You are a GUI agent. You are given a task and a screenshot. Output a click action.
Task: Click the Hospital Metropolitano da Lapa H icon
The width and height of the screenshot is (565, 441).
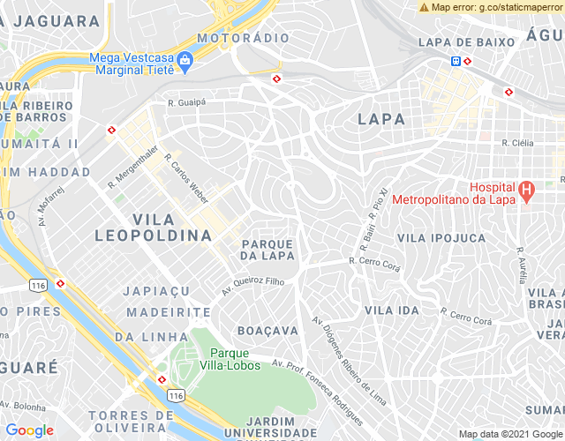(x=527, y=189)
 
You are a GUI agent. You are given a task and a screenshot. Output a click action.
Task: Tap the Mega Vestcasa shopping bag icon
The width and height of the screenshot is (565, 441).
(x=185, y=61)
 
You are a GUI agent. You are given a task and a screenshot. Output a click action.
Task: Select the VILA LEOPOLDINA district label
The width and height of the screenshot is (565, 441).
(x=153, y=228)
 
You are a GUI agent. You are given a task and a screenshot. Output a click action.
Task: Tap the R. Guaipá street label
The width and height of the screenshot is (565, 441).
(x=186, y=103)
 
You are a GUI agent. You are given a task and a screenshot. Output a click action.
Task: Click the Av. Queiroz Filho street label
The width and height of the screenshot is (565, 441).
(x=252, y=284)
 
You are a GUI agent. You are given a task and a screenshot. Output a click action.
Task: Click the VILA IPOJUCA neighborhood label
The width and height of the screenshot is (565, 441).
(x=441, y=238)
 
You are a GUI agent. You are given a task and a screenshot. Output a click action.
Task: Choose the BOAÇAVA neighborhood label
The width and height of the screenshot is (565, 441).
(x=268, y=330)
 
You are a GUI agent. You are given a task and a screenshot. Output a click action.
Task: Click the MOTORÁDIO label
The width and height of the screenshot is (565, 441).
(x=243, y=39)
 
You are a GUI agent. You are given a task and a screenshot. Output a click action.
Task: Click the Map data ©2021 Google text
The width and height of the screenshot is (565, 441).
(x=510, y=433)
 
